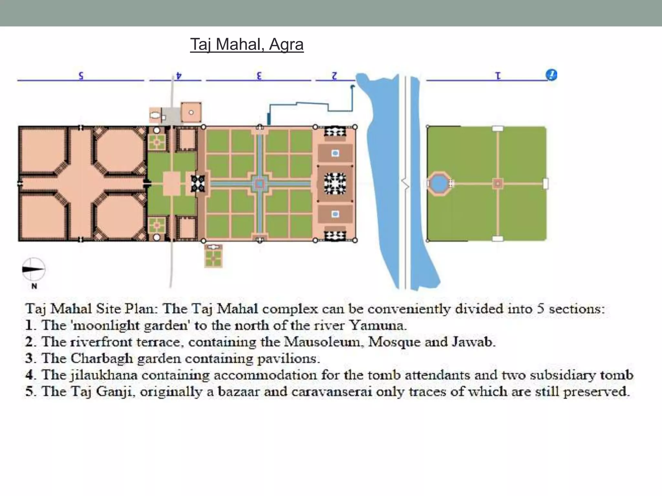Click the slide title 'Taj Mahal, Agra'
pyautogui.click(x=247, y=44)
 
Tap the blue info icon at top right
pyautogui.click(x=551, y=75)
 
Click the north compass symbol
pyautogui.click(x=33, y=269)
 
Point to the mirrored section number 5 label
pyautogui.click(x=81, y=76)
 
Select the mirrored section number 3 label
pyautogui.click(x=259, y=76)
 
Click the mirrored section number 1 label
pyautogui.click(x=498, y=76)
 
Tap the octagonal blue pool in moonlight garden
pyautogui.click(x=438, y=184)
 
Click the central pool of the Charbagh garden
pyautogui.click(x=260, y=184)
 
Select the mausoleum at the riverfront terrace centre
pyautogui.click(x=335, y=183)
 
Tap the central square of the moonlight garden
pyautogui.click(x=497, y=184)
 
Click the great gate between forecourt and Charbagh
pyautogui.click(x=198, y=183)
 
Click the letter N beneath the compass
pyautogui.click(x=34, y=286)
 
